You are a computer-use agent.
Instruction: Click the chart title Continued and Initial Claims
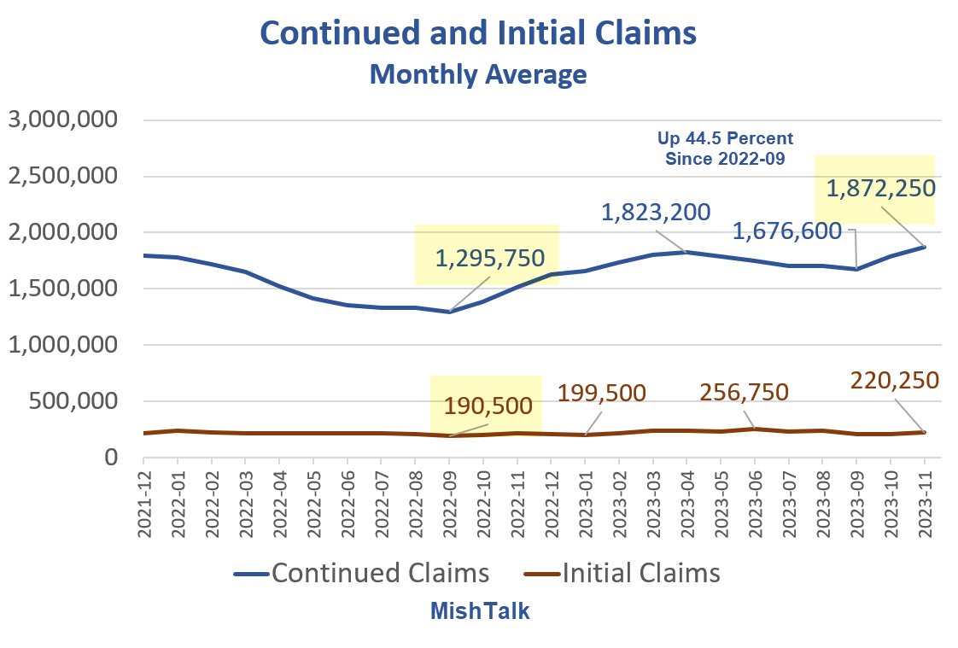click(x=478, y=32)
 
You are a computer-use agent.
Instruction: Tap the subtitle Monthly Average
click(x=478, y=74)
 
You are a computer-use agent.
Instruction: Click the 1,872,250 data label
click(x=880, y=188)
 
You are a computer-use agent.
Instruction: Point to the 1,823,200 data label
click(x=656, y=212)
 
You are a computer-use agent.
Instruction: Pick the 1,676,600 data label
click(x=787, y=231)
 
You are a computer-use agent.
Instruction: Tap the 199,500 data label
click(x=601, y=393)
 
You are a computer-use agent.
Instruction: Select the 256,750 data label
click(x=744, y=392)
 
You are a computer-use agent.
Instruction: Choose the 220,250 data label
click(x=894, y=380)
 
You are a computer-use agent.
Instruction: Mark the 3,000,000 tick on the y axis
click(x=62, y=120)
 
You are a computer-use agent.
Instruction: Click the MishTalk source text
click(x=478, y=610)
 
